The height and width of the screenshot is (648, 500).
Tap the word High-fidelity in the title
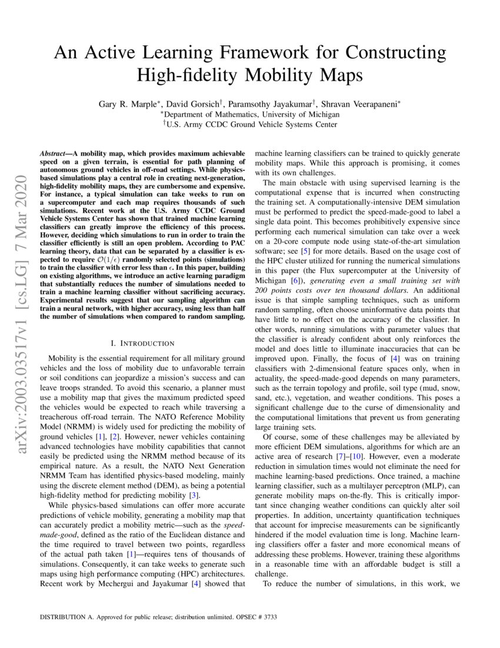click(x=189, y=75)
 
